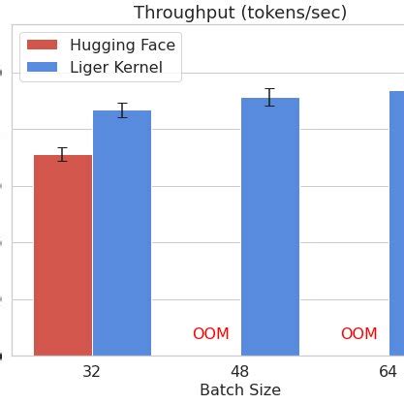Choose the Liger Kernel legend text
click(122, 67)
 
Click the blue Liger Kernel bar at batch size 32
click(122, 233)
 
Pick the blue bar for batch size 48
click(270, 227)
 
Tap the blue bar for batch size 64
click(396, 223)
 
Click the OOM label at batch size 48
click(211, 334)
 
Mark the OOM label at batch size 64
click(358, 334)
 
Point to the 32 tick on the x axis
click(92, 371)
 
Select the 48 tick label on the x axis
click(240, 371)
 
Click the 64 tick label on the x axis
click(388, 371)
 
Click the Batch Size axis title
click(239, 390)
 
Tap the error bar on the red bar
click(63, 154)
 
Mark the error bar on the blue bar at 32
click(122, 110)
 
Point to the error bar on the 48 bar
click(270, 97)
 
